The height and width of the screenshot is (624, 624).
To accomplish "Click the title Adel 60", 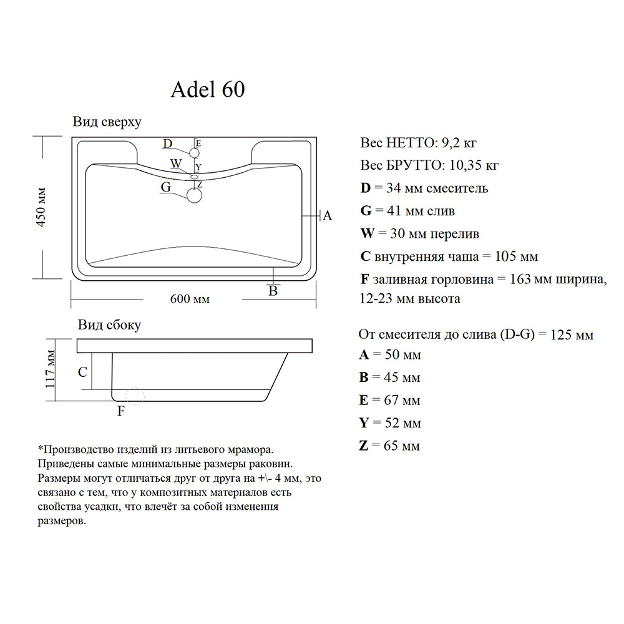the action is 208,89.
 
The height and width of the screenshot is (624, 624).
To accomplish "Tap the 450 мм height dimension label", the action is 41,207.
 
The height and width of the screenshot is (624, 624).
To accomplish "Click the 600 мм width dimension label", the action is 190,299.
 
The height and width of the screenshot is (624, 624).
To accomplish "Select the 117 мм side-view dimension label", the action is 50,369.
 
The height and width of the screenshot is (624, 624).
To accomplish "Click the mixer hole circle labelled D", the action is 194,154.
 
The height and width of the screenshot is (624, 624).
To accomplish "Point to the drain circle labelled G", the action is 194,195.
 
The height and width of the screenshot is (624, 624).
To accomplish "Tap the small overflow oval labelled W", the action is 195,177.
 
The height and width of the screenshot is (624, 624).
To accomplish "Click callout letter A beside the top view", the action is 327,216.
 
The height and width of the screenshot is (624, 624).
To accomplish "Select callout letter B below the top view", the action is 273,291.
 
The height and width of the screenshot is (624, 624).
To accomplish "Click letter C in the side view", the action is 82,372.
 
